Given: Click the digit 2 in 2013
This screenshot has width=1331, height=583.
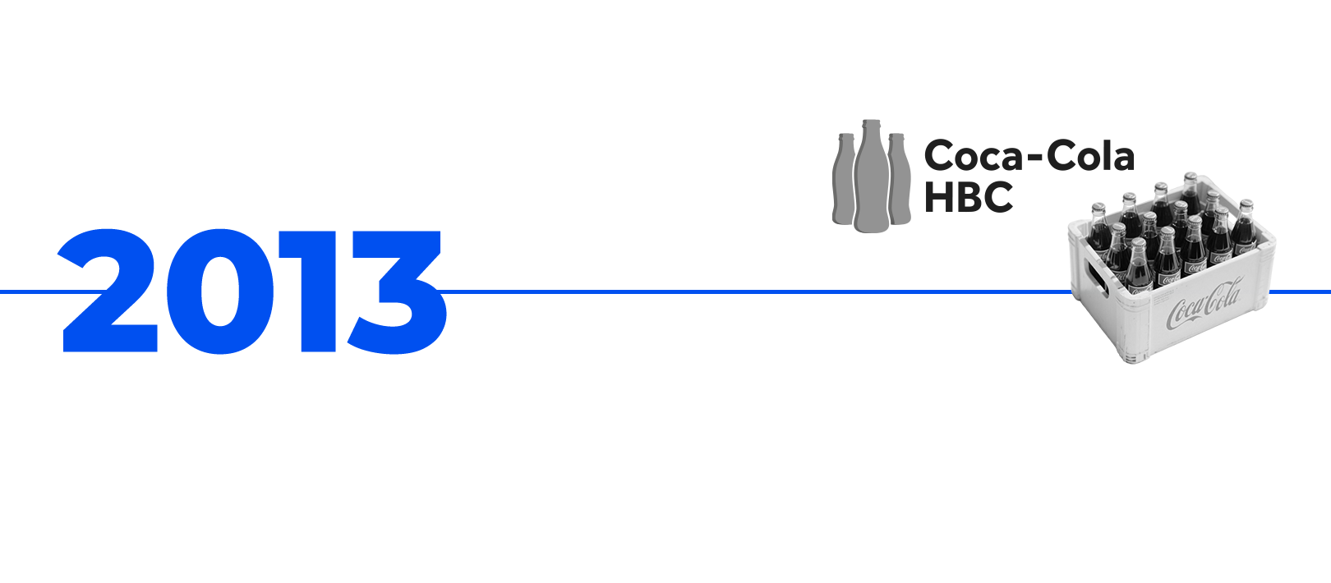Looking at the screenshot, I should point(111,291).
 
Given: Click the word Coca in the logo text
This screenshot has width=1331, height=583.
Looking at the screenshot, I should point(973,156).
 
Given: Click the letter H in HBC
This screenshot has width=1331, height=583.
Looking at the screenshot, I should point(938,197).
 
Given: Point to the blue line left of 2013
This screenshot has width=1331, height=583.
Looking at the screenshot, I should point(28,291).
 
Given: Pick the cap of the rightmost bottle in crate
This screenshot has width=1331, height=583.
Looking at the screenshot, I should point(1246,203).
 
